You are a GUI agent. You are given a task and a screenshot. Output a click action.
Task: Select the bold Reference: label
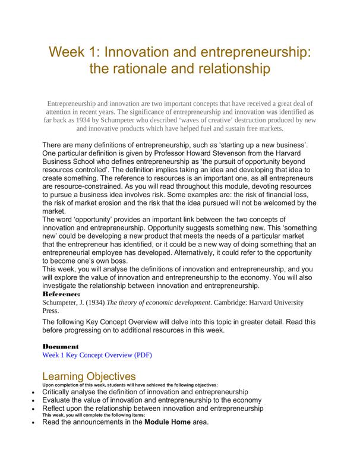point(62,294)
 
